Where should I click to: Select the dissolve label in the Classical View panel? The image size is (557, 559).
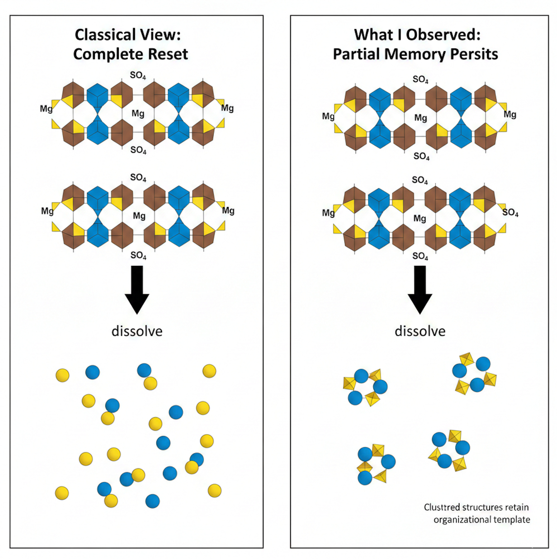pyautogui.click(x=137, y=331)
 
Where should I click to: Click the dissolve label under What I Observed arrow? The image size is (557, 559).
pyautogui.click(x=420, y=331)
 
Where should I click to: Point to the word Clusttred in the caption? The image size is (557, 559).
pyautogui.click(x=442, y=507)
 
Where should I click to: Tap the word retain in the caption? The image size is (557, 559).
pyautogui.click(x=517, y=507)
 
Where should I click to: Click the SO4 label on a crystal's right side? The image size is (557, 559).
pyautogui.click(x=510, y=212)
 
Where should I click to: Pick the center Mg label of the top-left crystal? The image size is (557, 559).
pyautogui.click(x=138, y=113)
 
